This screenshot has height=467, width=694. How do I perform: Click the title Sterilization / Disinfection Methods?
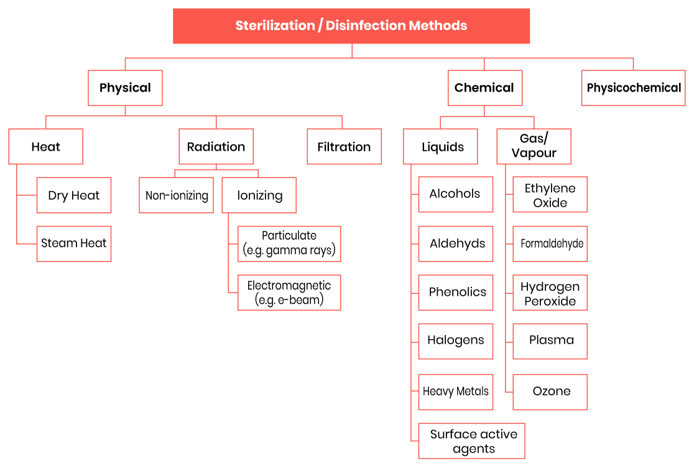click(x=351, y=26)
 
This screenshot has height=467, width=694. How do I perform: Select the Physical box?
click(x=125, y=88)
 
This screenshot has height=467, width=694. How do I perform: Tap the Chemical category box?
click(x=485, y=88)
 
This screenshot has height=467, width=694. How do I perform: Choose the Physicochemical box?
click(x=633, y=88)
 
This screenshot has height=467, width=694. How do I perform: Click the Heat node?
click(x=45, y=147)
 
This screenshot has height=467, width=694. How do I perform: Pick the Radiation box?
click(x=216, y=147)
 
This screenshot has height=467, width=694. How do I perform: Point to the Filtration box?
click(x=345, y=147)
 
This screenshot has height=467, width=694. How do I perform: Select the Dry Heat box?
click(x=74, y=196)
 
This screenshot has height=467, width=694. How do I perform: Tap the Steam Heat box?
click(x=74, y=243)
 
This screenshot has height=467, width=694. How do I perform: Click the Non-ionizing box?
click(x=176, y=196)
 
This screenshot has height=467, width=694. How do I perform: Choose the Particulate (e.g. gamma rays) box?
click(x=289, y=243)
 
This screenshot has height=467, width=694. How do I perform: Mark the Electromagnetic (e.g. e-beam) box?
click(x=289, y=293)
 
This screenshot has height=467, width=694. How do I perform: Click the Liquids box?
click(x=440, y=147)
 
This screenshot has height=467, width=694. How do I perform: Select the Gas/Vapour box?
click(x=534, y=147)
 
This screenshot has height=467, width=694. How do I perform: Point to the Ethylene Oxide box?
click(x=550, y=194)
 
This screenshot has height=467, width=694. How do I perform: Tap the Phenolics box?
click(x=456, y=293)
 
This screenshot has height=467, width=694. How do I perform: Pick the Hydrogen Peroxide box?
click(x=550, y=293)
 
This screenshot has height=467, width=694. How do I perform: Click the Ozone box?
click(x=550, y=392)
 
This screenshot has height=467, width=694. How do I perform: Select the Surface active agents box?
click(x=472, y=441)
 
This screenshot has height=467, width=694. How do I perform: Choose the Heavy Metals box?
click(x=456, y=392)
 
